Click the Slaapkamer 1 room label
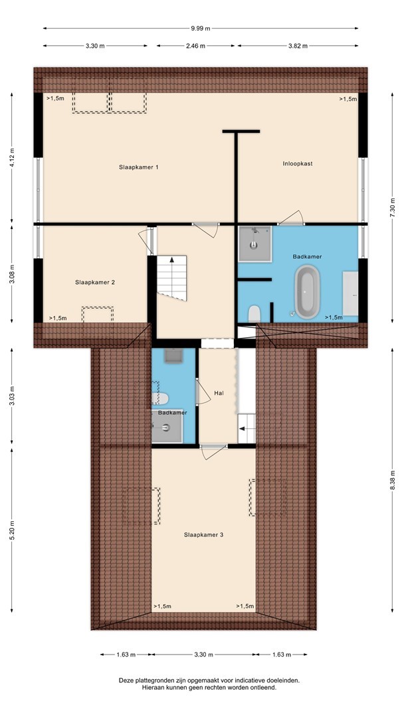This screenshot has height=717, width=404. tap(139, 167)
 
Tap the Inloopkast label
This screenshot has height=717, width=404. tap(298, 163)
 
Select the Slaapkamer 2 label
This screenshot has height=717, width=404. tap(95, 283)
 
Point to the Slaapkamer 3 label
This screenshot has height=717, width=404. tap(203, 534)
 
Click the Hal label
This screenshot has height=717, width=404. tap(219, 393)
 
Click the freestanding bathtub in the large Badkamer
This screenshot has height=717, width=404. tap(306, 291)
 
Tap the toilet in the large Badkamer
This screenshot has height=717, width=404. tap(254, 314)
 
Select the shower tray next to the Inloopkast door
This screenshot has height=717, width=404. tap(255, 244)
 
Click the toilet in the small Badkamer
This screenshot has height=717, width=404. tap(160, 398)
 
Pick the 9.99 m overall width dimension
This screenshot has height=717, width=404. tap(201, 29)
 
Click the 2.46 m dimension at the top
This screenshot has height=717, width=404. tap(195, 46)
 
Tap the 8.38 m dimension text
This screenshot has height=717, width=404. tap(392, 480)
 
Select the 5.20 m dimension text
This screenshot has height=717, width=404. tap(12, 530)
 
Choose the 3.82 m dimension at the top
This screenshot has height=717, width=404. tap(298, 46)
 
